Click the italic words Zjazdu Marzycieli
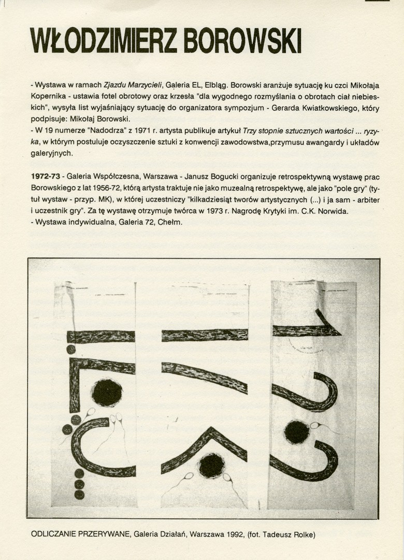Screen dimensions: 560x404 133,84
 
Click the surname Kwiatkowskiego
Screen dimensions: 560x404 311,108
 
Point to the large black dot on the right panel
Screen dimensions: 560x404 297,432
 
